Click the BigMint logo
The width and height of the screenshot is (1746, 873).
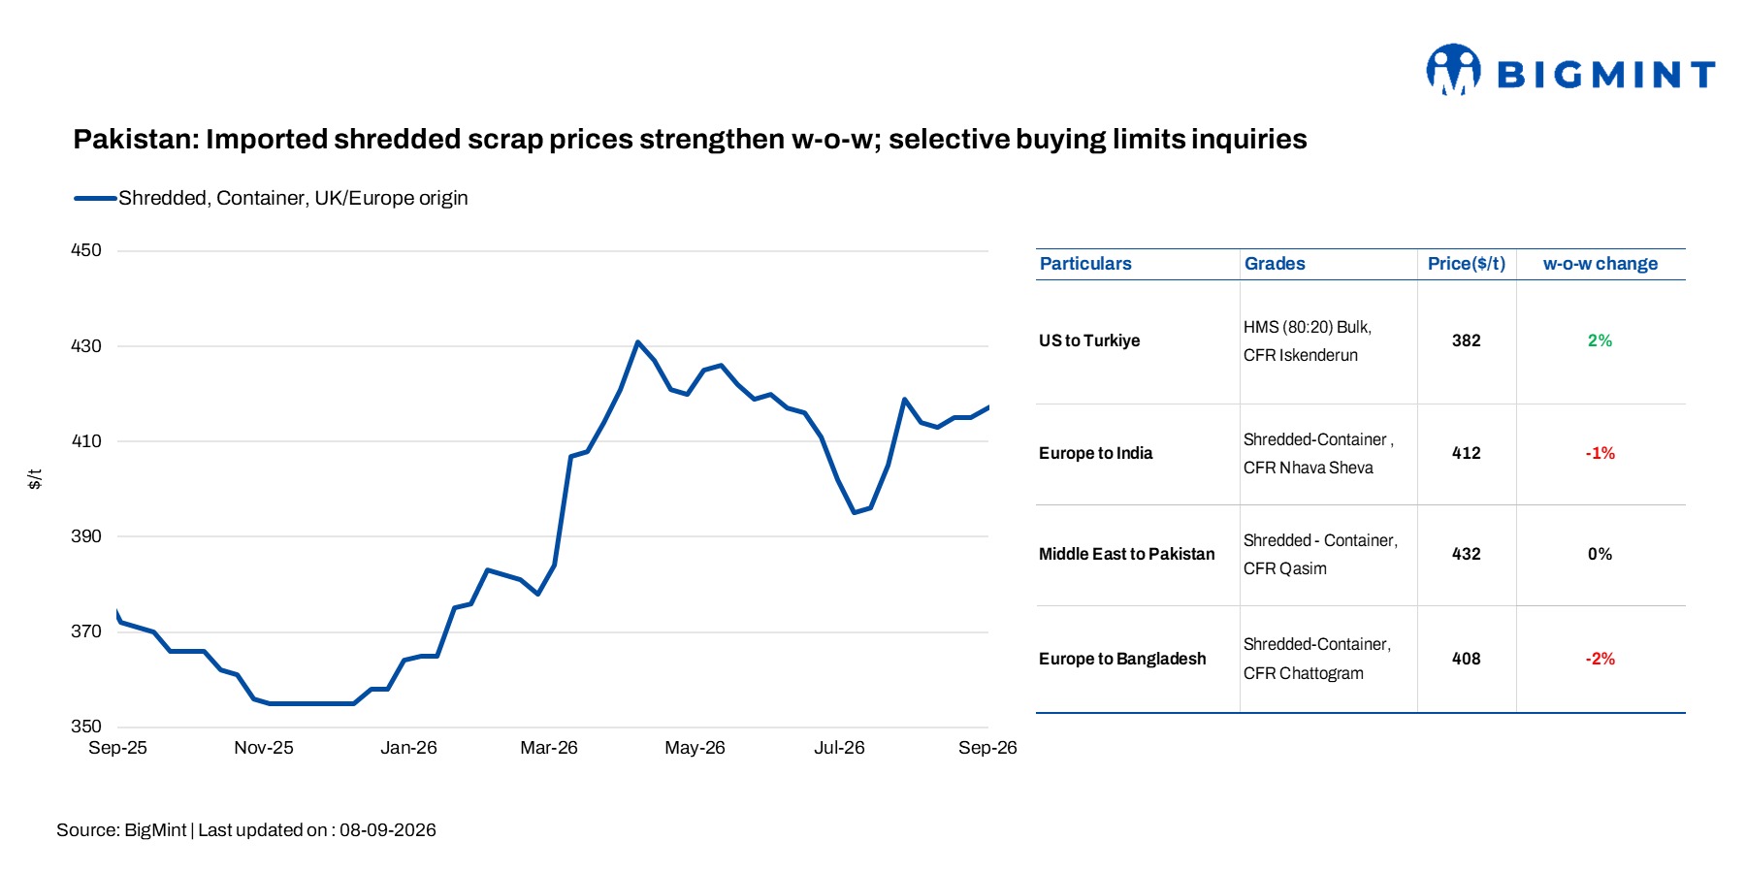1570,70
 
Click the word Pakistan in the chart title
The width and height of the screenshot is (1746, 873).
136,140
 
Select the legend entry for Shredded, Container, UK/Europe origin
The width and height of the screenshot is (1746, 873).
272,198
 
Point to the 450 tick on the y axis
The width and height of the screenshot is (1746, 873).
86,250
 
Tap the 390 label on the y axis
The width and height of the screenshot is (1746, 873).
86,536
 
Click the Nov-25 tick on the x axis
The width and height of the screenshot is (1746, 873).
263,748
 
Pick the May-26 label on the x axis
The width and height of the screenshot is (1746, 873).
695,748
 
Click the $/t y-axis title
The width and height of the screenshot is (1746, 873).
35,479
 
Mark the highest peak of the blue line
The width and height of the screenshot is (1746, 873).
637,341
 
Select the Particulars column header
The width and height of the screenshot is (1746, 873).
1085,264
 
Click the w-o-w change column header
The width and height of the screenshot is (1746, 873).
1600,264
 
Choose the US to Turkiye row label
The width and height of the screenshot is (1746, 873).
1089,340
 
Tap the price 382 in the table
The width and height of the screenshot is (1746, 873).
1467,340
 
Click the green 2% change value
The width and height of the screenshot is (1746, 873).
1600,340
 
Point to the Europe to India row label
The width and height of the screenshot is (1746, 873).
1096,453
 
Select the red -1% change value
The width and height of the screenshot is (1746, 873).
1600,453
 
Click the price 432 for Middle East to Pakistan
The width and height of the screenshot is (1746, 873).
1467,554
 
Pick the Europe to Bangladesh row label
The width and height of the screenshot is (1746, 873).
1122,659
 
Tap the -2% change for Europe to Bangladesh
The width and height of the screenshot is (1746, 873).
1600,659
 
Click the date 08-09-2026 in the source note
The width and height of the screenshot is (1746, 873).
388,830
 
